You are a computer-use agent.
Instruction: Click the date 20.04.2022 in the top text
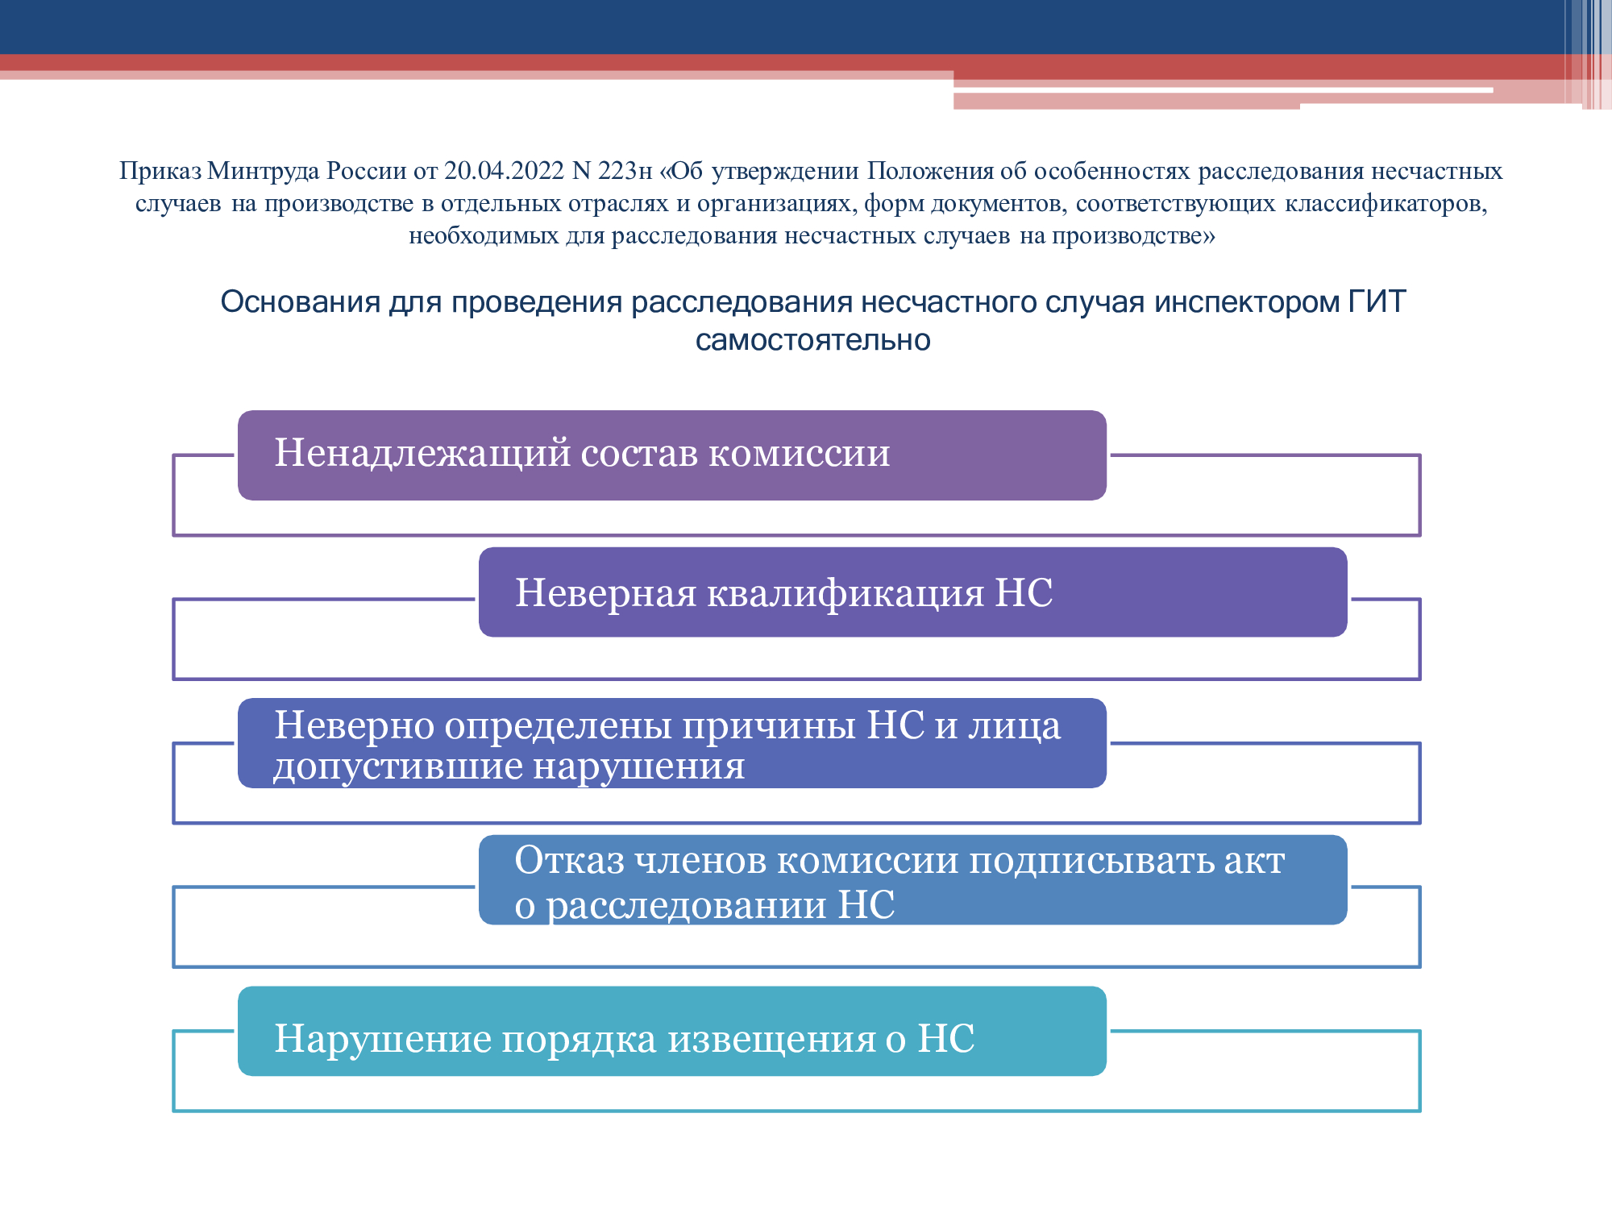click(505, 171)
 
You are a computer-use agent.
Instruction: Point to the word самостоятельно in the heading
click(812, 340)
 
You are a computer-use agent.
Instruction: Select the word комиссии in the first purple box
click(800, 453)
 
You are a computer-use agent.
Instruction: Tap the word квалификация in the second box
click(845, 593)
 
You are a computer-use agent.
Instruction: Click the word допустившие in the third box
click(398, 766)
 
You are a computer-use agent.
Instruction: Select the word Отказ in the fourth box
click(569, 860)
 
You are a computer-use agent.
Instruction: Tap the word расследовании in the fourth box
click(687, 904)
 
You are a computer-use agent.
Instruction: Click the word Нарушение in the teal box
click(384, 1038)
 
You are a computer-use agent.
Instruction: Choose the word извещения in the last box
click(771, 1038)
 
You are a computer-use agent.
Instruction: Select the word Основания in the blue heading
click(301, 301)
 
